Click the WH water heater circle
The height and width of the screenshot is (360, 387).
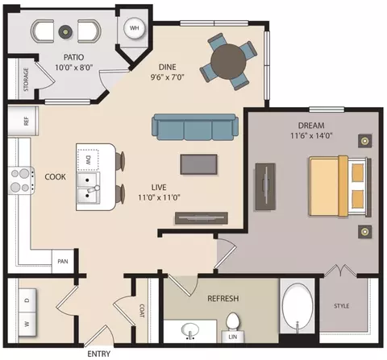[x=134, y=28]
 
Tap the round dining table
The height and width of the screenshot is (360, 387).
[x=228, y=62]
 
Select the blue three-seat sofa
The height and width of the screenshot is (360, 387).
[x=195, y=127]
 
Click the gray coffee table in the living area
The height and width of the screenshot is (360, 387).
[x=198, y=164]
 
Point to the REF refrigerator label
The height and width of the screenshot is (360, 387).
[x=26, y=121]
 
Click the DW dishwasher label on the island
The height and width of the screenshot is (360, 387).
[x=89, y=160]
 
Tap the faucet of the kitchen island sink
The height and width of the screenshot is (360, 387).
[x=93, y=189]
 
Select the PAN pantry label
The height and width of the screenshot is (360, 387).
[x=63, y=261]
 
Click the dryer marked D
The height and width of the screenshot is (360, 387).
[x=27, y=300]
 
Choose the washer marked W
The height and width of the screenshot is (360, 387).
[x=27, y=325]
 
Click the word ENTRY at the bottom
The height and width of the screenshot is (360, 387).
[x=98, y=354]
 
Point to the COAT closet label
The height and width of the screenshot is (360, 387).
[x=142, y=311]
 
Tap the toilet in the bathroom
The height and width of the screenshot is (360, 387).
[x=233, y=321]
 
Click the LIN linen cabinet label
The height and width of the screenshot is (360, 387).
[x=233, y=337]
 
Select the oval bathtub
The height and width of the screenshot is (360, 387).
[x=298, y=306]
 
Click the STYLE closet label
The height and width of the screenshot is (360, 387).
[x=342, y=306]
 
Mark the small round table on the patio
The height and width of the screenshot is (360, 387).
[x=65, y=31]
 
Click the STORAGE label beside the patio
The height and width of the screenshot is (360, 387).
[x=26, y=79]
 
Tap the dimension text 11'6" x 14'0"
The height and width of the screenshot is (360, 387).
[x=311, y=135]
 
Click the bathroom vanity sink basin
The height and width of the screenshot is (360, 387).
[x=190, y=330]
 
